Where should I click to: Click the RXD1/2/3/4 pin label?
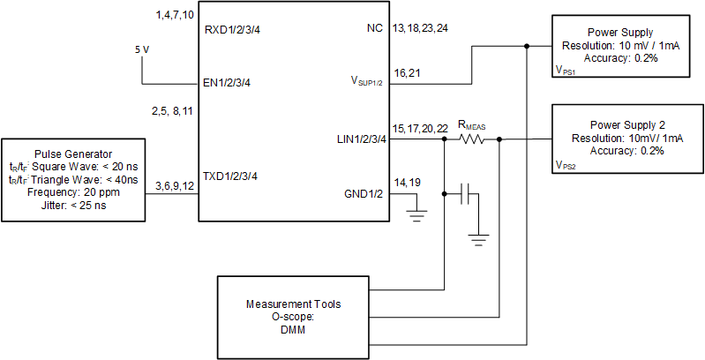(232, 29)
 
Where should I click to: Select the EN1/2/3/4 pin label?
(231, 85)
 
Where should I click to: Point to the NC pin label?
(375, 29)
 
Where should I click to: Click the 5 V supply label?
(142, 50)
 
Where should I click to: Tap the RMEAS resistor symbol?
(473, 139)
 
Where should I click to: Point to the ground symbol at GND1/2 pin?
(415, 213)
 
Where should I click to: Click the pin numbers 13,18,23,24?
(419, 29)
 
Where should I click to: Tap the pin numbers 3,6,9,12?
(173, 186)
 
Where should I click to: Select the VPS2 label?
(566, 165)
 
